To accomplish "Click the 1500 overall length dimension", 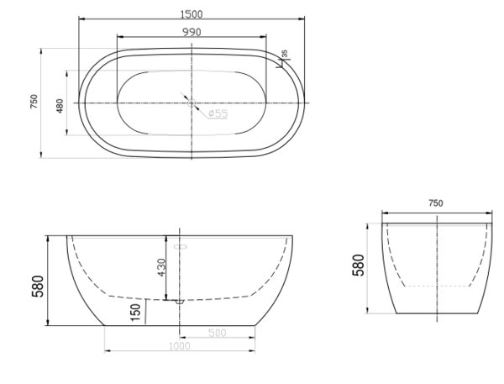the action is tap(192, 14).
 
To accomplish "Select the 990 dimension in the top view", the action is tap(192, 32).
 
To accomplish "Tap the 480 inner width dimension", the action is tap(60, 106).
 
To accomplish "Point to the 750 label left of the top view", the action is tap(34, 102).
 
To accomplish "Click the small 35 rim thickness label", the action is tap(285, 54).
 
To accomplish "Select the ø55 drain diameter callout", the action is tap(218, 113).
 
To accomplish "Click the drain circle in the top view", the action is tap(192, 103).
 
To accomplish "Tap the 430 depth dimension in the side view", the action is tap(161, 267).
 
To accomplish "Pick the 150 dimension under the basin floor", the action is tap(135, 313).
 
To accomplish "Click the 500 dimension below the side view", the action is tap(218, 333).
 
